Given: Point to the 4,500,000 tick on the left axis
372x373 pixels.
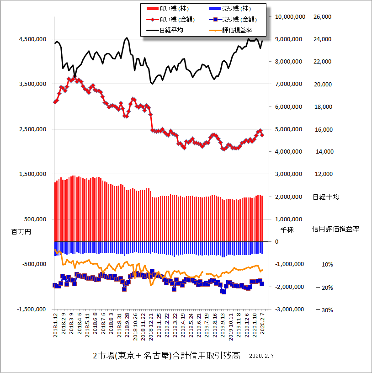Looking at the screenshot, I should tap(32, 39).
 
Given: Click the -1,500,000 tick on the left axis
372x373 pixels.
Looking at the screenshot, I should tap(31, 309).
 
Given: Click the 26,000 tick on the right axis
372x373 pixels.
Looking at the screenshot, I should tap(322, 17).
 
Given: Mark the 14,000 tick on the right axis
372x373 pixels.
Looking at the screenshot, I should tap(322, 152).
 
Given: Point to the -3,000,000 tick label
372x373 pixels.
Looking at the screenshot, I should tap(289, 309).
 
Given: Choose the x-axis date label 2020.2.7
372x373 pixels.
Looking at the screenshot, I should tap(263, 326).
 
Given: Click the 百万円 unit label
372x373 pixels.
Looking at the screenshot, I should tap(21, 232).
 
